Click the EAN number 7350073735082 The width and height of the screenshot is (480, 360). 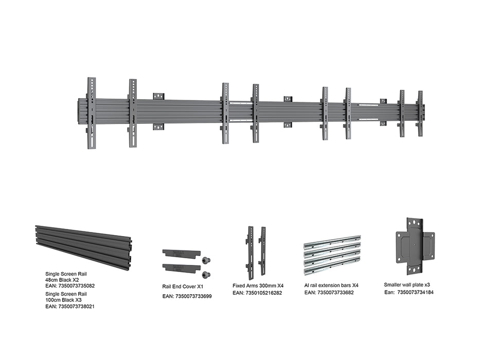(77, 286)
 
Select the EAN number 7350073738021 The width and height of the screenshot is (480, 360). (77, 306)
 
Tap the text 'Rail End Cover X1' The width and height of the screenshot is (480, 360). (183, 286)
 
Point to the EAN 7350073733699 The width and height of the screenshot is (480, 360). (193, 296)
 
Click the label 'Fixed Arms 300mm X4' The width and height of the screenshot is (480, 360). (258, 285)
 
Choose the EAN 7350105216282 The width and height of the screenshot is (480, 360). (264, 293)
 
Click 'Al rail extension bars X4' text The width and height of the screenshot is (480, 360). (331, 285)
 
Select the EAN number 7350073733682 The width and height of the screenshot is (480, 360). (335, 293)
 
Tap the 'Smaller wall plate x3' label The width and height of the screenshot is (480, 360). (407, 285)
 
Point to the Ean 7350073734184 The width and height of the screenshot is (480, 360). (415, 292)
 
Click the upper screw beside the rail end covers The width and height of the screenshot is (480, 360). (206, 261)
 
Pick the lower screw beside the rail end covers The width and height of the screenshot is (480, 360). (206, 275)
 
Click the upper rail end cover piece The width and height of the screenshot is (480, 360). (181, 254)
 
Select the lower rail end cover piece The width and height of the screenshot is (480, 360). (181, 268)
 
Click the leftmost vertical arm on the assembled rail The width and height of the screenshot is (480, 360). (92, 113)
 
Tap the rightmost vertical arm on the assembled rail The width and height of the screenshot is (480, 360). (421, 114)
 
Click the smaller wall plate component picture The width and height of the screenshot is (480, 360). (415, 246)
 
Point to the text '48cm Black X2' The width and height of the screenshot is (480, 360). (62, 280)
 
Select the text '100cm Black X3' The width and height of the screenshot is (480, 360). (63, 300)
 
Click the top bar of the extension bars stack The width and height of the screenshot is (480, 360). (332, 241)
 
